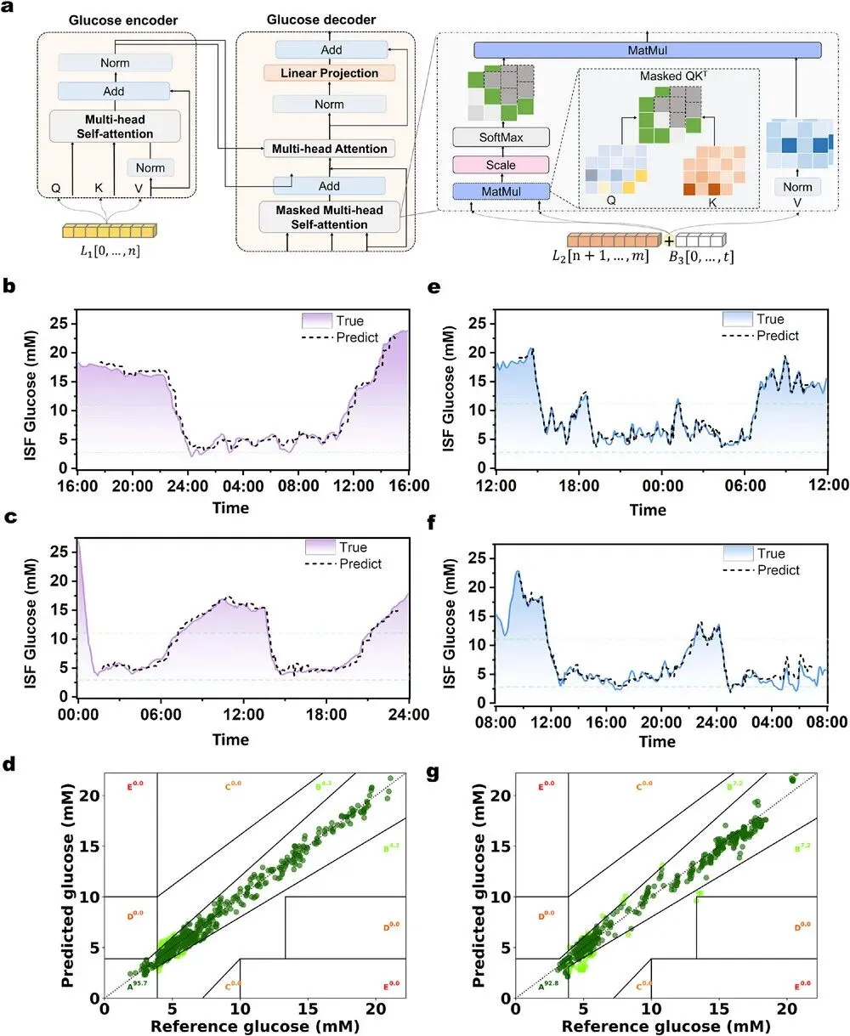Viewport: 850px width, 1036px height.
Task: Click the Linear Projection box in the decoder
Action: pos(330,73)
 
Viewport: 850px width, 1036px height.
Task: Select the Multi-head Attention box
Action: pos(329,149)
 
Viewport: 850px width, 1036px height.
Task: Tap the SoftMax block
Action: pos(501,137)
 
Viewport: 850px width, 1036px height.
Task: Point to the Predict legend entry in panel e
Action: pos(777,336)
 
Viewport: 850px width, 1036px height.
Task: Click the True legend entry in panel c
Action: pos(352,547)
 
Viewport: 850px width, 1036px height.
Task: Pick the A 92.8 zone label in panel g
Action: pos(544,986)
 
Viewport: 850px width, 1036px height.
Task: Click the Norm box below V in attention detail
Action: pos(797,187)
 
